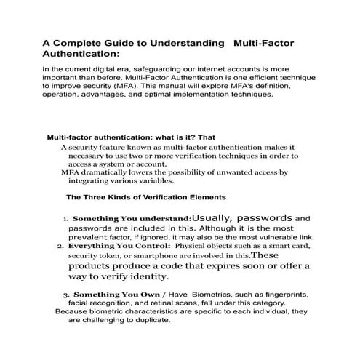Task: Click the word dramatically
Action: point(104,172)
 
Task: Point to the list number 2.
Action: point(60,246)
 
